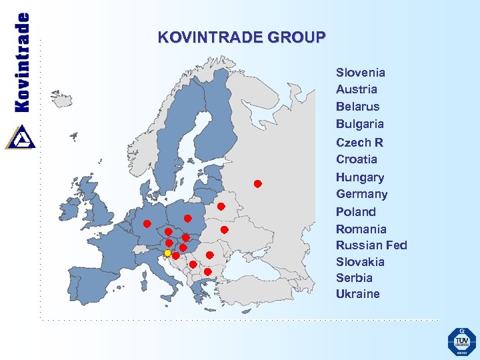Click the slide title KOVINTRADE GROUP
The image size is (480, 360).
click(242, 37)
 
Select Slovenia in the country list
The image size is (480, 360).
click(360, 72)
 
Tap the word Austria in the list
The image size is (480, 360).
click(356, 89)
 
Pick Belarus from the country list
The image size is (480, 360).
click(357, 107)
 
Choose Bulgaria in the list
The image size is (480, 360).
click(359, 124)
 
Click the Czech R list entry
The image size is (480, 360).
click(359, 142)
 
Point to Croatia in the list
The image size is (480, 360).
click(356, 159)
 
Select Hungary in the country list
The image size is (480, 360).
click(359, 177)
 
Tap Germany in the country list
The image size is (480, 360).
click(361, 194)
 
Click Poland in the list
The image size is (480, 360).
click(355, 211)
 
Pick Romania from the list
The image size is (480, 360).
click(361, 229)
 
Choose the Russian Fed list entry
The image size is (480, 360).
click(371, 245)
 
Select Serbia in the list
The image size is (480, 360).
click(354, 277)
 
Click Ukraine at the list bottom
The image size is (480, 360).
click(357, 294)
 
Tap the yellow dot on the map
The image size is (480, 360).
click(167, 253)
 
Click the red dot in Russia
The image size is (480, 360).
click(257, 183)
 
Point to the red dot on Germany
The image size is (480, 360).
click(147, 223)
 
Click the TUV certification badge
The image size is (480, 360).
click(461, 342)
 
